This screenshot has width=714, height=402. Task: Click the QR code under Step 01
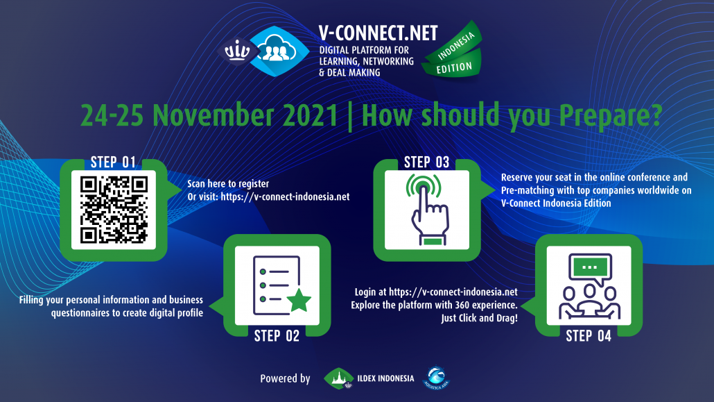pos(114,210)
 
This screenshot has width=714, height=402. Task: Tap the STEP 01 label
pos(113,162)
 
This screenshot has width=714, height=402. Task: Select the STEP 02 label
pos(277,336)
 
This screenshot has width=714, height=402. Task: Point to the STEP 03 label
pos(427,162)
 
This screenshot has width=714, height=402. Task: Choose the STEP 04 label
pos(589,336)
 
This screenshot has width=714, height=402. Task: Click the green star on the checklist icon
pos(299,300)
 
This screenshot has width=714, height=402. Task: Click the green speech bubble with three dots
pos(590,268)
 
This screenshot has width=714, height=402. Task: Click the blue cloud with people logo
pos(279,51)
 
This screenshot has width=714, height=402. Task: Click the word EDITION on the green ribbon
pos(454,68)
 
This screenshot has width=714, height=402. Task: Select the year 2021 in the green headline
pos(311,115)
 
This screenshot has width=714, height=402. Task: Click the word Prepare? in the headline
pos(611,117)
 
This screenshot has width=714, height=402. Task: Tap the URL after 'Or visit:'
pos(285,196)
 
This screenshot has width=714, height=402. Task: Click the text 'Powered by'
pos(285,378)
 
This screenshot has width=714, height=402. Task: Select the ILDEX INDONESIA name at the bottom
pos(385,378)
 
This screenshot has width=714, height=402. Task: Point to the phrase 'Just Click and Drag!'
pos(479,318)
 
